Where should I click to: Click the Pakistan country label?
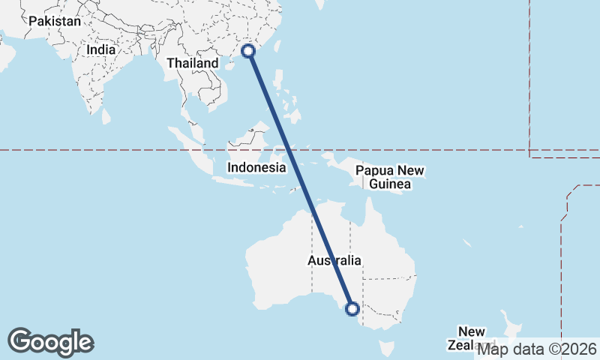point(54,21)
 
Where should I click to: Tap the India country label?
point(100,49)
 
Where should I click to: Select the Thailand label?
point(192,64)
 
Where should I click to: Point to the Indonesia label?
point(256,167)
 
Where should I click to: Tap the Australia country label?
point(334,260)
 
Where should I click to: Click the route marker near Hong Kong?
point(250,51)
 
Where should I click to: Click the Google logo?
point(50,342)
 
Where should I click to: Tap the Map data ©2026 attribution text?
point(538,349)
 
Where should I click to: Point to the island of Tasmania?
point(387,348)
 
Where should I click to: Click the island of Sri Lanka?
point(106,116)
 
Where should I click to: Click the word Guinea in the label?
point(388,184)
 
